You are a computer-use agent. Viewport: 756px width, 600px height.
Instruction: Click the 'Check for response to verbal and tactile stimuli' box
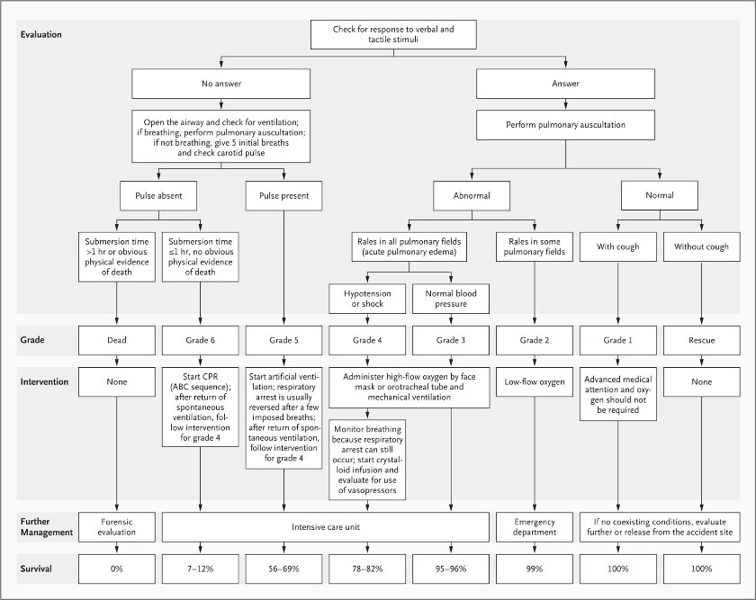(x=393, y=34)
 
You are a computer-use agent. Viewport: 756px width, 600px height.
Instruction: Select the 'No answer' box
(x=220, y=84)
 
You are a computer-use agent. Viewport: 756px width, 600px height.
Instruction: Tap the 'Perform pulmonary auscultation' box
(x=565, y=125)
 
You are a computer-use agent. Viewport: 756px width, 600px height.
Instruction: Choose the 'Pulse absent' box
(x=158, y=196)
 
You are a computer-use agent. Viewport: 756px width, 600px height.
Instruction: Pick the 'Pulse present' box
(x=284, y=196)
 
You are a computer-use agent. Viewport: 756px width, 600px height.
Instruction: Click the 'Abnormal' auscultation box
(x=472, y=196)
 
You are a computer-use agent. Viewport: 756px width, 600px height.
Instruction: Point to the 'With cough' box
(x=618, y=246)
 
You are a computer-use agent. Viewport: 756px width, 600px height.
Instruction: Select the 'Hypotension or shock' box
(x=367, y=299)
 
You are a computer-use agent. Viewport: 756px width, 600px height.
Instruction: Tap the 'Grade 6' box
(x=200, y=340)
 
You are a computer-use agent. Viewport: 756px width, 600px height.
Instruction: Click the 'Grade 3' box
(x=451, y=340)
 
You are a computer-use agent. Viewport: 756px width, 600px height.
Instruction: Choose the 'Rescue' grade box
(x=701, y=340)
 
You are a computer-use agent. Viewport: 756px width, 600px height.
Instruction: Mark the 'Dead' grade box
(x=117, y=340)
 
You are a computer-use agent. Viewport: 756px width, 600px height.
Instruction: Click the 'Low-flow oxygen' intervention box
(x=535, y=382)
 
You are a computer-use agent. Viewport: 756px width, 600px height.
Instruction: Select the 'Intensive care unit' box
(x=326, y=527)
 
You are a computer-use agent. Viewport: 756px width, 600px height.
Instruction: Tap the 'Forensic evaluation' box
(x=117, y=527)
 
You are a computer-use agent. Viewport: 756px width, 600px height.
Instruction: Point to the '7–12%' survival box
(x=200, y=569)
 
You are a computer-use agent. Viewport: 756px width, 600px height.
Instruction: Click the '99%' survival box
(x=535, y=569)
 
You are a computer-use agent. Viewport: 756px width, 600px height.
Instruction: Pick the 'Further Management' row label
(x=46, y=527)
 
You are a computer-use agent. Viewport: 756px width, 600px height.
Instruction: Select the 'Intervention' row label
(x=44, y=381)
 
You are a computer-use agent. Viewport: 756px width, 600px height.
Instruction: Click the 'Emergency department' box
(x=535, y=527)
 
